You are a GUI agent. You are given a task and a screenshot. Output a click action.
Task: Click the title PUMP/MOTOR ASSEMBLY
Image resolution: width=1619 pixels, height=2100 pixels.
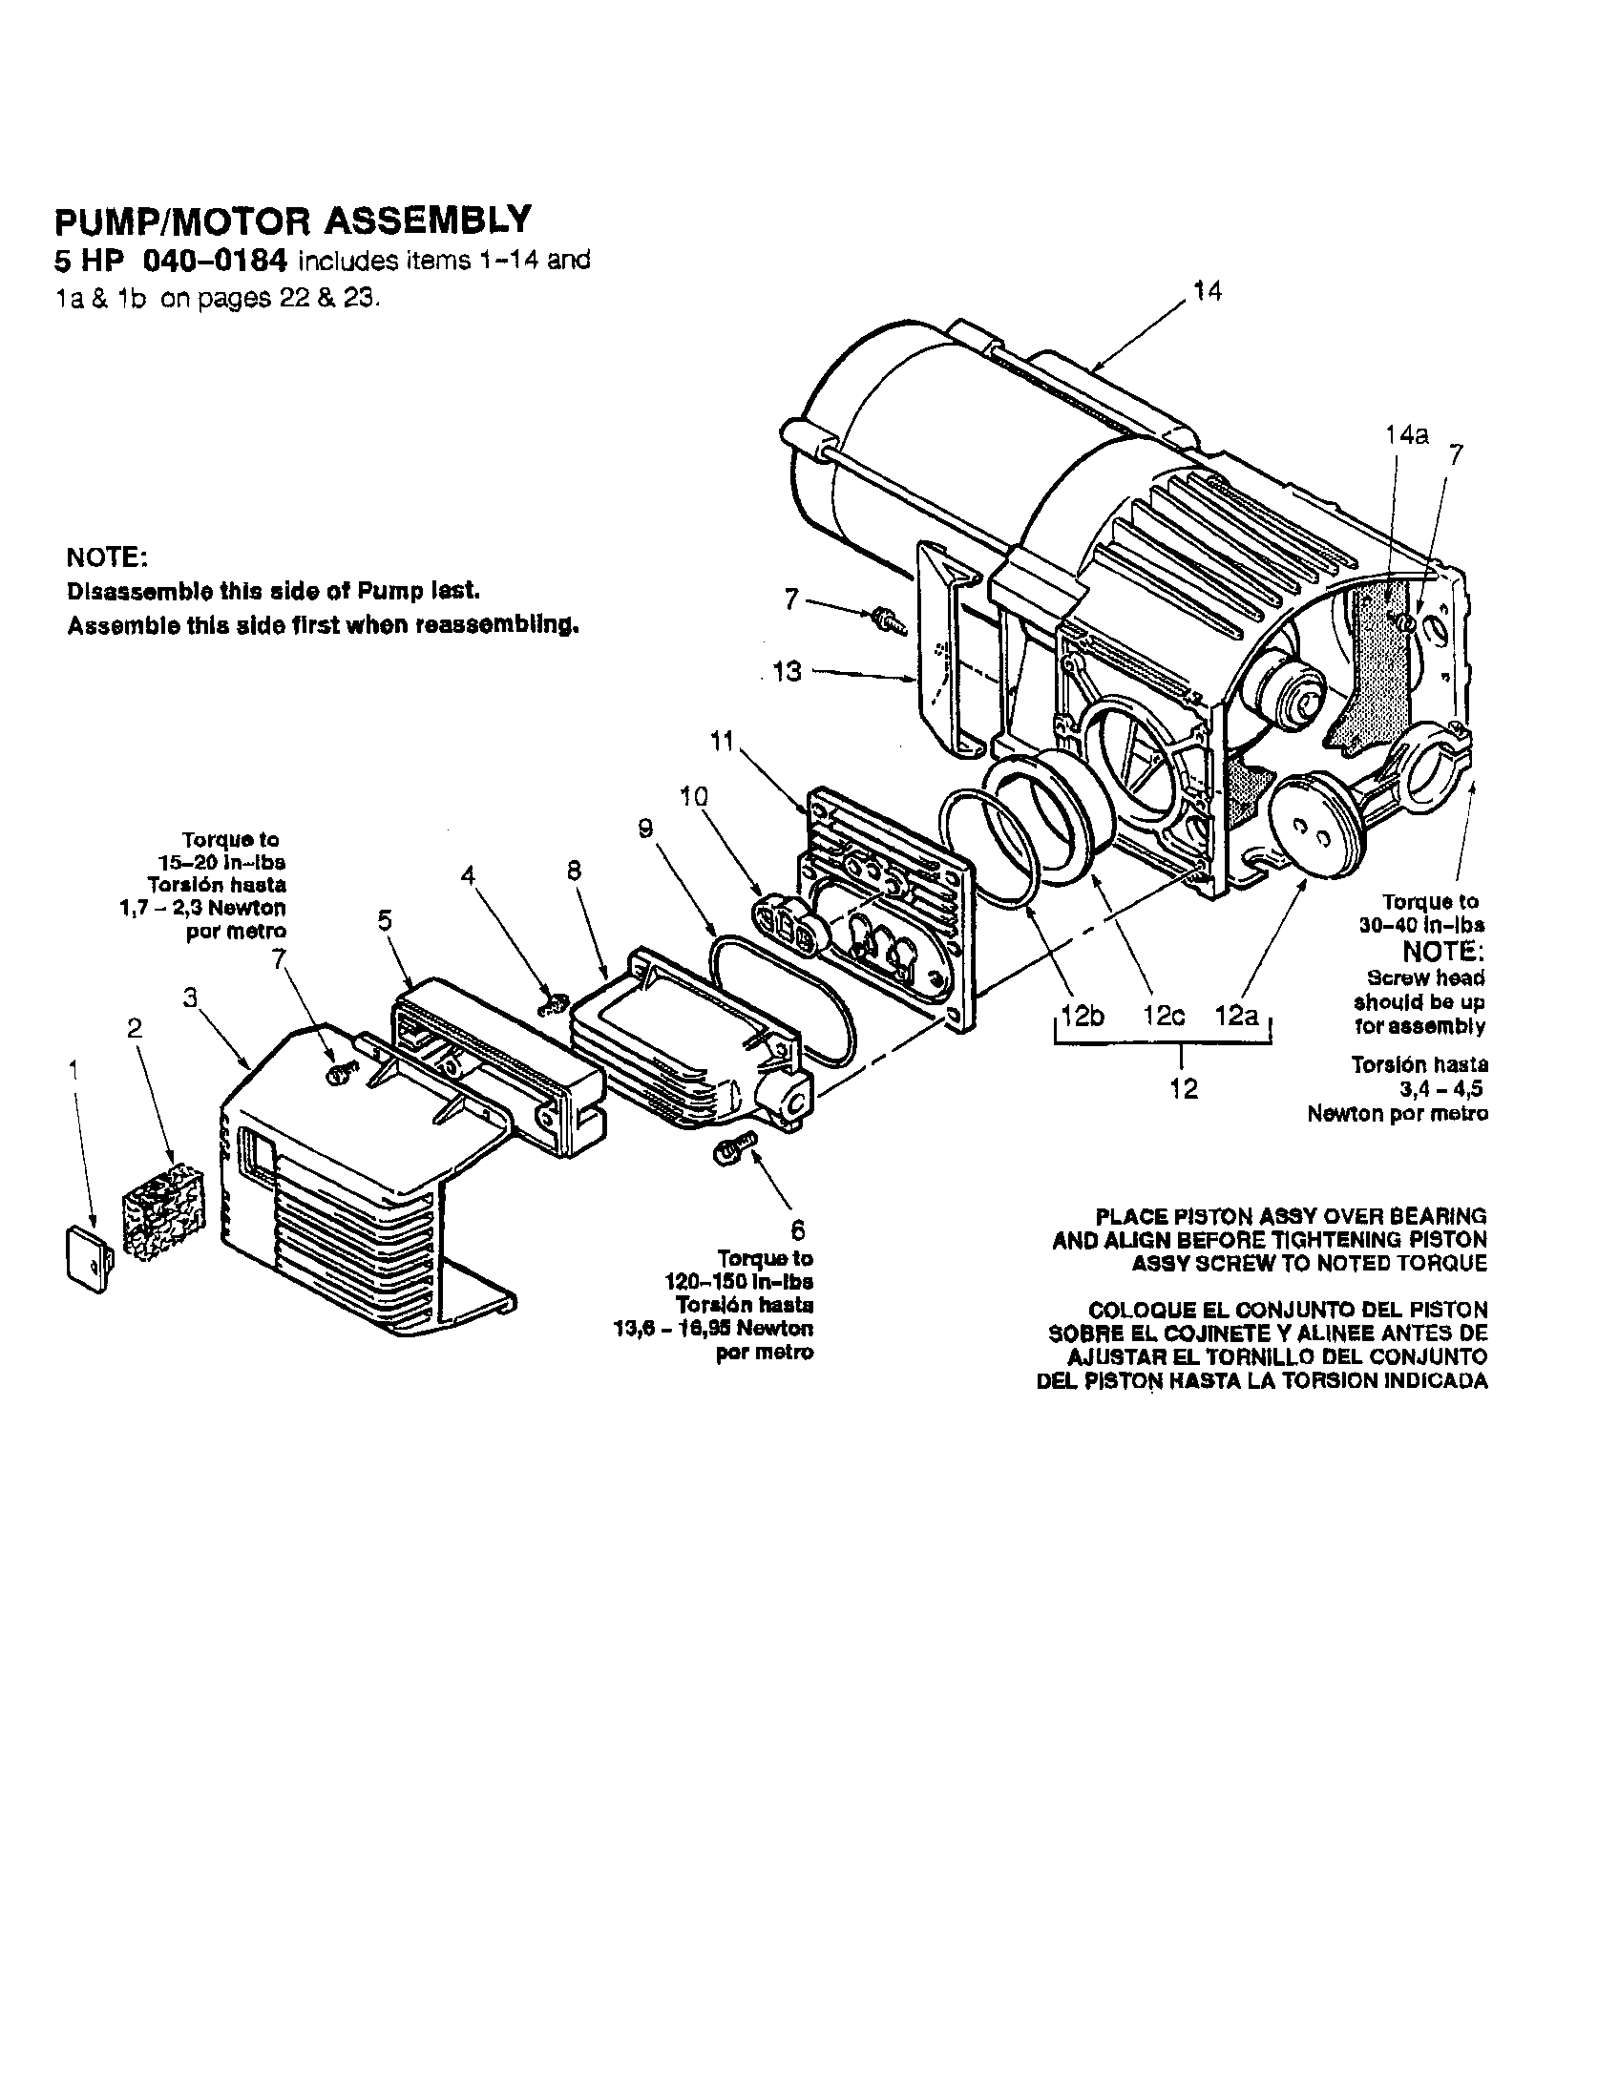coord(292,220)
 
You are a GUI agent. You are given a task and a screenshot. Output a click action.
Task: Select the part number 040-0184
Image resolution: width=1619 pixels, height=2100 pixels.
coord(216,261)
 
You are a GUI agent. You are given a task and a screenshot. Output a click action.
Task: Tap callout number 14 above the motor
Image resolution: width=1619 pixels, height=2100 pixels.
coord(1207,292)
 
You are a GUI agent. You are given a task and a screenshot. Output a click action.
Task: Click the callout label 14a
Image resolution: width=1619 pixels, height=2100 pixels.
coord(1406,435)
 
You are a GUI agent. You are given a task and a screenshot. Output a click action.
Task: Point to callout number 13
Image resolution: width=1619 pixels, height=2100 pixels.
coord(787,671)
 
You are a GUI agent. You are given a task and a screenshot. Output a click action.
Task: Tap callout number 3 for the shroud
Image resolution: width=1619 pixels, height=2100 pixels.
coord(190,998)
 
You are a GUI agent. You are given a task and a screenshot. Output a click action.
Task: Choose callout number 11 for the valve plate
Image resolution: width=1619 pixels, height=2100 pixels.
coord(722,742)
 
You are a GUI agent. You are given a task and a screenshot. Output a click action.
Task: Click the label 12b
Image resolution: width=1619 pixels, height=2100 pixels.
coord(1082,1017)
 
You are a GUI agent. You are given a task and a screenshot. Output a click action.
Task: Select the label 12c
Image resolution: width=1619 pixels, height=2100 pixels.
coord(1164,1017)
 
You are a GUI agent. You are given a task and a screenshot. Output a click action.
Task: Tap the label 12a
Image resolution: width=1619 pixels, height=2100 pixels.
coord(1236,1017)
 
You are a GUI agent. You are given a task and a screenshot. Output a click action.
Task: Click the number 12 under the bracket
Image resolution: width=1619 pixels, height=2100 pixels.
coord(1184,1088)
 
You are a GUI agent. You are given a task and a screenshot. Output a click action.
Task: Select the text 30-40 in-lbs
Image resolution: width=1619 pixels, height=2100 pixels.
coord(1420,925)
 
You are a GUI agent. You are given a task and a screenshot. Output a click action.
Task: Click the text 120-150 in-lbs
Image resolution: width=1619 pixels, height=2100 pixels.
coord(738,1282)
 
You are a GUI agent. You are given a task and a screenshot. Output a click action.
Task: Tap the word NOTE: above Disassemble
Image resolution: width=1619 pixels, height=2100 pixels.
coord(106,557)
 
